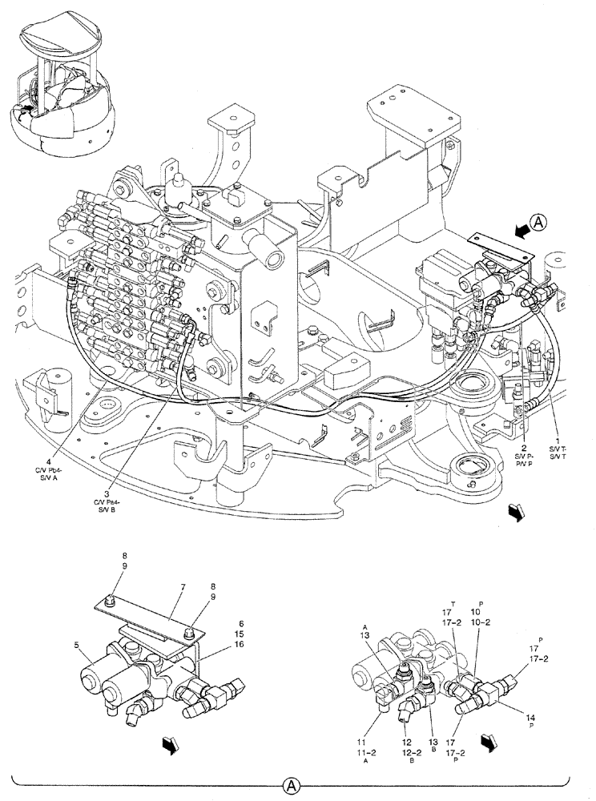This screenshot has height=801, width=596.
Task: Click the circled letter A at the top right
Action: [540, 223]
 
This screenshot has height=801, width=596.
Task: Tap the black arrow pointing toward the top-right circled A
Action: [519, 230]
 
